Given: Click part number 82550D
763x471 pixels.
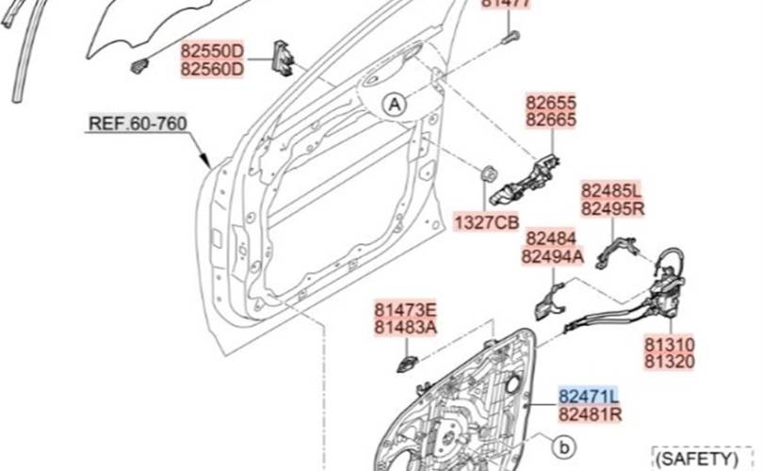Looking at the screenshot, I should [212, 51].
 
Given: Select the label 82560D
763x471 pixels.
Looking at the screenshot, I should [212, 69].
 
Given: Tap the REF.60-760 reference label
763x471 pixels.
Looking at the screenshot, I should [138, 123].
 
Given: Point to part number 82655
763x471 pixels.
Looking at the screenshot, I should [551, 103].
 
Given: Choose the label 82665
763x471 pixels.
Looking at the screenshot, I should [551, 121].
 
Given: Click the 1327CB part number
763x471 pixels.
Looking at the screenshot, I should [487, 222].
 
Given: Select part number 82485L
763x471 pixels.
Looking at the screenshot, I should [611, 190].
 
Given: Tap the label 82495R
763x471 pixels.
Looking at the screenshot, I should [611, 208].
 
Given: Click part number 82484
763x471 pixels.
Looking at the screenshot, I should [550, 238].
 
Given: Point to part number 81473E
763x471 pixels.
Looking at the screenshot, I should [406, 309].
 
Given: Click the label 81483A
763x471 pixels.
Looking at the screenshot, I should [406, 327].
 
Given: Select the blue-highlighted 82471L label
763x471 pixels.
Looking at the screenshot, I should [590, 396].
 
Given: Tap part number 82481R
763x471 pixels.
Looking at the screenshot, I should [590, 414].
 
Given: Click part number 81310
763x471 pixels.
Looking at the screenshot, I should [670, 345].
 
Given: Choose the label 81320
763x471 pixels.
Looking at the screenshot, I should [670, 363].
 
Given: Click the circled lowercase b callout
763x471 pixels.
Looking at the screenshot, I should [562, 445].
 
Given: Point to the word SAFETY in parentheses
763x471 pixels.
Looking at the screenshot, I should [696, 460].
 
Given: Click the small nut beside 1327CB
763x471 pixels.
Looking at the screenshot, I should [489, 175].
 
